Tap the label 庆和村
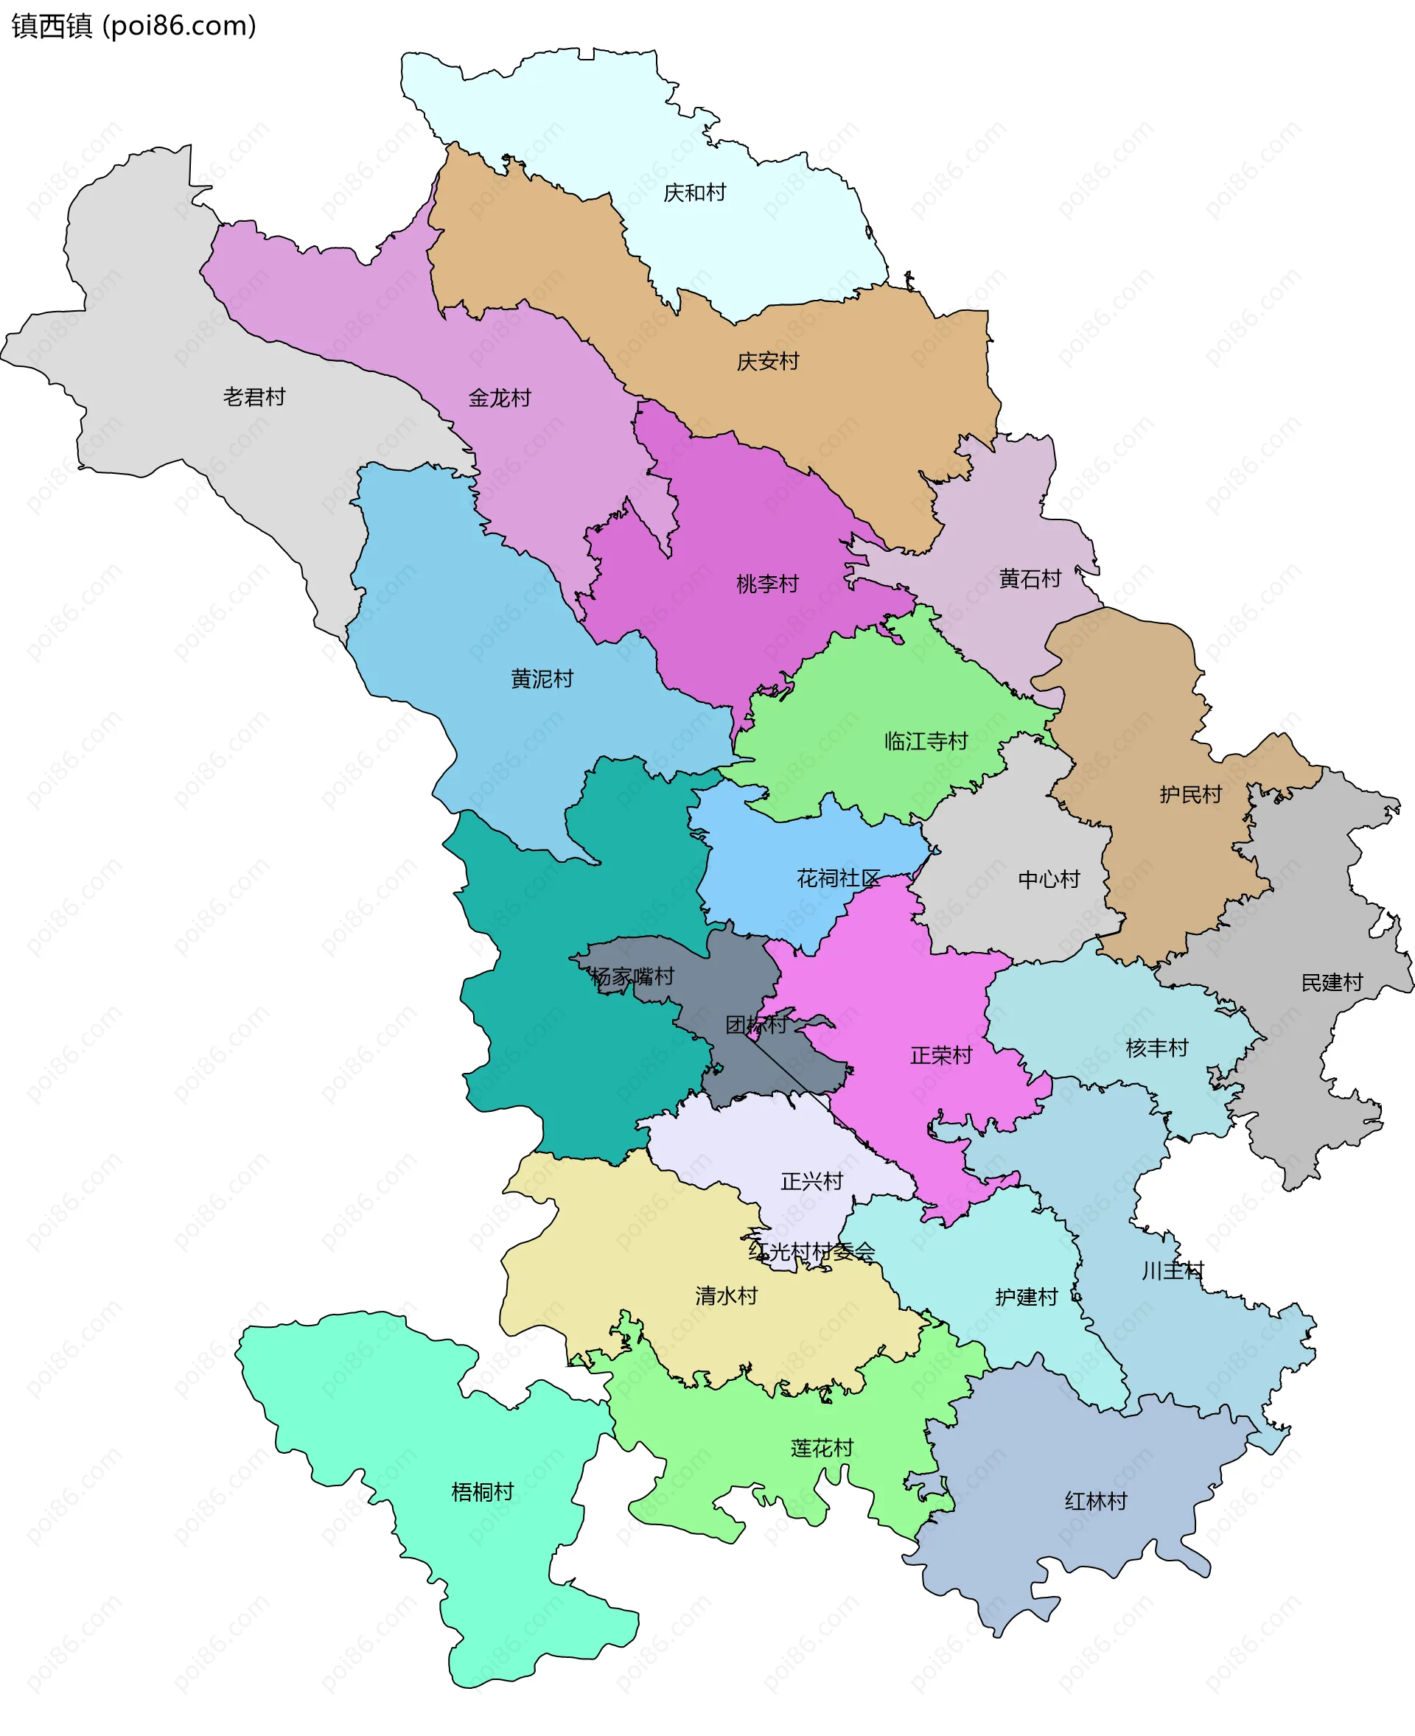point(693,192)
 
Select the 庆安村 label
point(767,361)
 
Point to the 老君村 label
point(254,397)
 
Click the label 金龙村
point(499,398)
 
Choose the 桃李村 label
point(767,584)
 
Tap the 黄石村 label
point(1030,578)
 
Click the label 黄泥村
point(541,678)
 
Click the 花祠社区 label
point(838,878)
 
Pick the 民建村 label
point(1331,982)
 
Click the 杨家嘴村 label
point(632,976)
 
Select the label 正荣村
point(940,1055)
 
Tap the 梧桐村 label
point(482,1491)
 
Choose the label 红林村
point(1094,1500)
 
